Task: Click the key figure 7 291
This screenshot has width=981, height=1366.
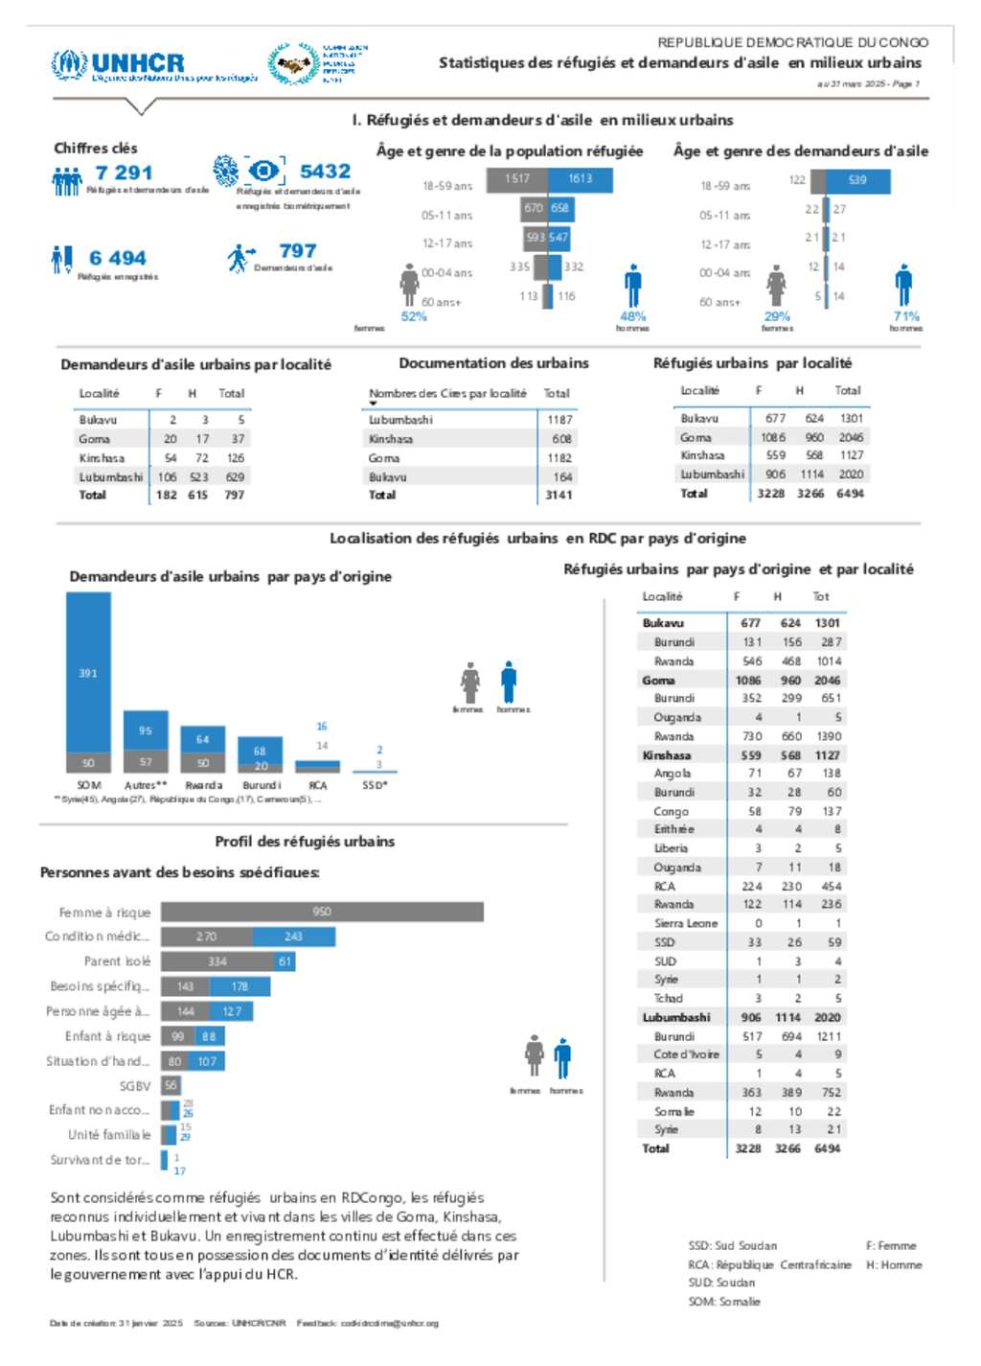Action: pos(124,173)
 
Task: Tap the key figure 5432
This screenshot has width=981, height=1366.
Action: pos(325,172)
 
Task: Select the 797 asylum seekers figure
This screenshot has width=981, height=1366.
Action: pos(297,251)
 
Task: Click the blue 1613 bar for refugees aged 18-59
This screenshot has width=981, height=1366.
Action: pos(580,179)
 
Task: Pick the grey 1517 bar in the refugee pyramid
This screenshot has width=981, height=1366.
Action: pos(517,179)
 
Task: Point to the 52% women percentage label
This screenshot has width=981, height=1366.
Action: pos(414,316)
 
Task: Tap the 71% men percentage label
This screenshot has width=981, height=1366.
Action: pos(906,316)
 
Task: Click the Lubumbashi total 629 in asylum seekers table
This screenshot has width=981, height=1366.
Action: pos(235,476)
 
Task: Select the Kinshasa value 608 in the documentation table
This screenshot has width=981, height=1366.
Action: pos(561,439)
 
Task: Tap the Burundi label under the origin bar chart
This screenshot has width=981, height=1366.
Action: pos(262,785)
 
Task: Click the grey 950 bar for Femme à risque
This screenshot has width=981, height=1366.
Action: pos(322,912)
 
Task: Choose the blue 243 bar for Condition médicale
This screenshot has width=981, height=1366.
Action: pos(294,937)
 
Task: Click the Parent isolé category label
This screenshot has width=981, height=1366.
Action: pos(117,961)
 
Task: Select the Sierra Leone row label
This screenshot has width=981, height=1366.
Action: pos(685,923)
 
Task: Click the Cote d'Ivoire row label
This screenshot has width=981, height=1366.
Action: pos(686,1054)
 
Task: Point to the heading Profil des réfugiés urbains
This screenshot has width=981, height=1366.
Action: pos(305,842)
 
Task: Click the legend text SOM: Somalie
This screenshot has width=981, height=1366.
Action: pos(723,1302)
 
